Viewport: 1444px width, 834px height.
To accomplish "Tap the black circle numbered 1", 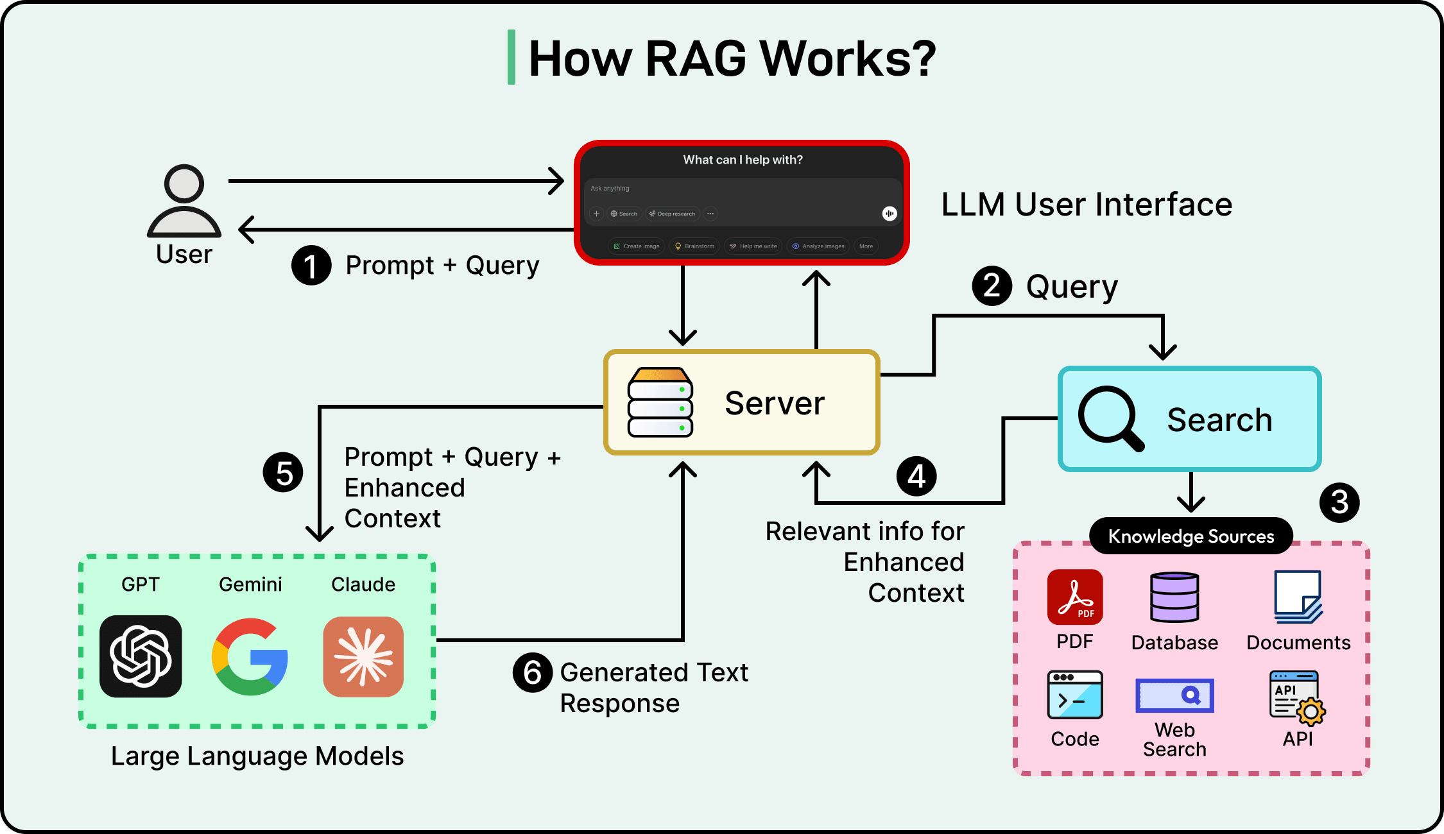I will coord(311,266).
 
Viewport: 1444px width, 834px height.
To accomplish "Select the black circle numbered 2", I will coord(992,285).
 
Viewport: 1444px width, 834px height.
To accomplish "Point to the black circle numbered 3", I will coord(1339,502).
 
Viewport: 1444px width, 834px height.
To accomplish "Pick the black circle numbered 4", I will coord(916,476).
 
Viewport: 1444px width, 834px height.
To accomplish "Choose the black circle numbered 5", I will coord(283,473).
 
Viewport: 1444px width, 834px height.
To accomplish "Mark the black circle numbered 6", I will coord(533,673).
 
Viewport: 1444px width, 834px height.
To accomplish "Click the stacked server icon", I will coord(660,402).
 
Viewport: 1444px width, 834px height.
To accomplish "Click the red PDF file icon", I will coord(1075,597).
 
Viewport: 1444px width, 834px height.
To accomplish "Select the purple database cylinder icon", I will coord(1174,597).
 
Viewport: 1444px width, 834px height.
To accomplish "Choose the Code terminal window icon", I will coord(1075,695).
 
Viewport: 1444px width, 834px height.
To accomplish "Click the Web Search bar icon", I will coord(1174,695).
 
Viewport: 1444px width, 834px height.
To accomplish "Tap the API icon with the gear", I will coord(1297,698).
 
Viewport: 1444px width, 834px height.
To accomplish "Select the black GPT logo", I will coord(141,656).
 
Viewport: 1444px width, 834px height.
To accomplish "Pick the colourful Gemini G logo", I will coord(250,656).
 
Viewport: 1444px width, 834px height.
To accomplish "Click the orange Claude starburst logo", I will coord(363,656).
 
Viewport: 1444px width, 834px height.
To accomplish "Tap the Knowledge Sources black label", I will coord(1190,536).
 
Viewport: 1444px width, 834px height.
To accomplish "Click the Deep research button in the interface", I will coord(672,214).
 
